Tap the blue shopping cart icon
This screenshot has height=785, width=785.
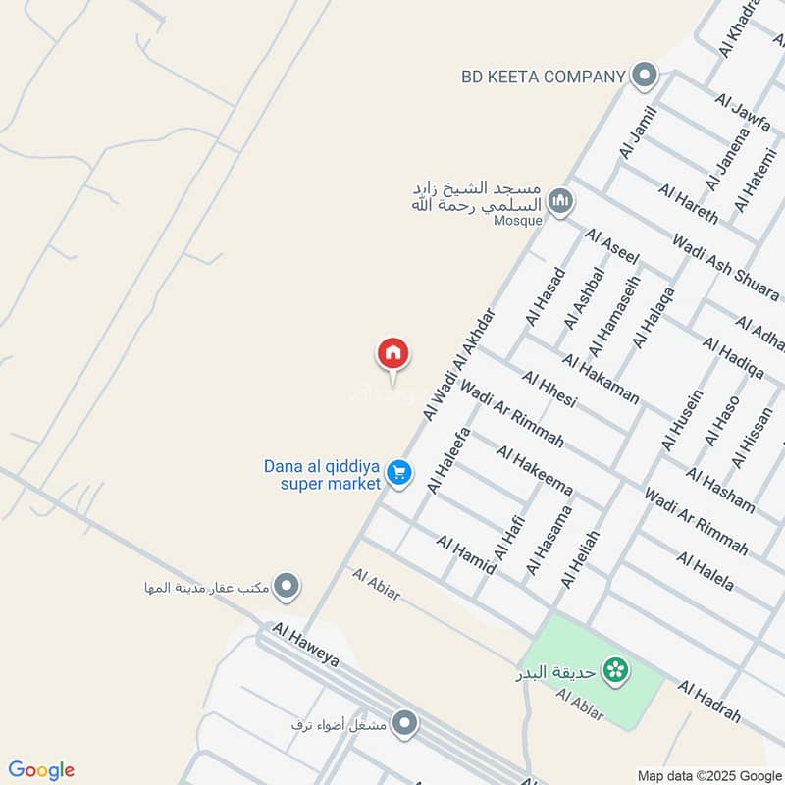click(397, 474)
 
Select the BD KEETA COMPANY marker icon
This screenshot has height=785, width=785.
click(644, 75)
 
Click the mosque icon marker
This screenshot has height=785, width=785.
click(559, 202)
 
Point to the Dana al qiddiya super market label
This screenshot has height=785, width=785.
click(322, 475)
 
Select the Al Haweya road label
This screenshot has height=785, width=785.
click(306, 645)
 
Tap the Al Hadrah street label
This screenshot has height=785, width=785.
click(708, 703)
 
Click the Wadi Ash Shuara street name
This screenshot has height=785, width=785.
click(725, 268)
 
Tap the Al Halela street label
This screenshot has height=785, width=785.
click(704, 571)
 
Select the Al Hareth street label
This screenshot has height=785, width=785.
click(689, 203)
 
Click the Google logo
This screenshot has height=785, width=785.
click(41, 770)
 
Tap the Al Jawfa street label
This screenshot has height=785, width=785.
click(744, 115)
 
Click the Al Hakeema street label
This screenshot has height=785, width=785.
click(534, 468)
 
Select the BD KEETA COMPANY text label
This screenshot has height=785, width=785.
click(543, 76)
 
